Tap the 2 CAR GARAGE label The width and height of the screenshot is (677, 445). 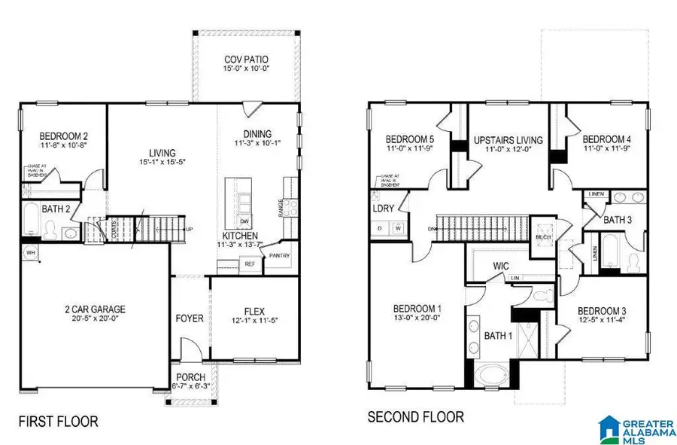pos(93,309)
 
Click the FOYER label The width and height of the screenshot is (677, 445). pos(190,318)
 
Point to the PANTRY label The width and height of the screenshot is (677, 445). pos(279,255)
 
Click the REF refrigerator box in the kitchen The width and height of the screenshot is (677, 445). pos(247,264)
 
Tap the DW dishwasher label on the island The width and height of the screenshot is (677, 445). pos(244,222)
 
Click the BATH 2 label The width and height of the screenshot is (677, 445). pos(35,209)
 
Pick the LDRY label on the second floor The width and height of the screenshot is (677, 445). pos(383,209)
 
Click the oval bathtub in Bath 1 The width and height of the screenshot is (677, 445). pos(490,374)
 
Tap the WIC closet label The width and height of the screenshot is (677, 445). pos(502,266)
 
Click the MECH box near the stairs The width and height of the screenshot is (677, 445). pos(544,236)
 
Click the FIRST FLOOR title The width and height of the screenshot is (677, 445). pos(59,420)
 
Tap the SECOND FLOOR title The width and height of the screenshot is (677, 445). pos(415,416)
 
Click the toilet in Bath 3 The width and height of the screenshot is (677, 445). pos(632,260)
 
